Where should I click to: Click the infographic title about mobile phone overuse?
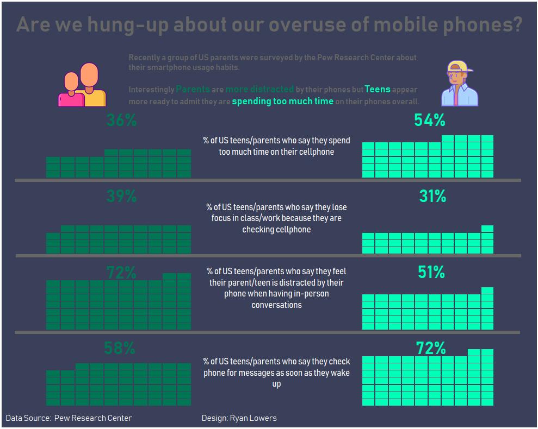click(269, 24)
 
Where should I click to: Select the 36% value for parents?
click(121, 120)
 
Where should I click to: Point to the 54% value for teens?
click(429, 120)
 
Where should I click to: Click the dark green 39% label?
click(121, 196)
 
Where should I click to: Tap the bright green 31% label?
click(432, 196)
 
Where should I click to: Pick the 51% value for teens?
click(431, 272)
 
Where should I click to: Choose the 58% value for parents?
click(119, 348)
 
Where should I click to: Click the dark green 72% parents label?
click(121, 272)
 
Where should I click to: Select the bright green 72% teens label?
click(430, 348)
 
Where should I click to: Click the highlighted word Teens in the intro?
click(378, 89)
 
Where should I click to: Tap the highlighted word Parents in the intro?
click(193, 89)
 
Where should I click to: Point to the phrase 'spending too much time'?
click(282, 101)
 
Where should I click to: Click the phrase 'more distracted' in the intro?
click(259, 89)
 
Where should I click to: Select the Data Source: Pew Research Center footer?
click(69, 418)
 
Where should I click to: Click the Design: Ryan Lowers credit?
click(239, 418)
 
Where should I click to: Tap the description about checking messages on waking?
click(276, 373)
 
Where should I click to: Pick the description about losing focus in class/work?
click(276, 218)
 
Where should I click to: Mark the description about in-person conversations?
click(276, 288)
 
